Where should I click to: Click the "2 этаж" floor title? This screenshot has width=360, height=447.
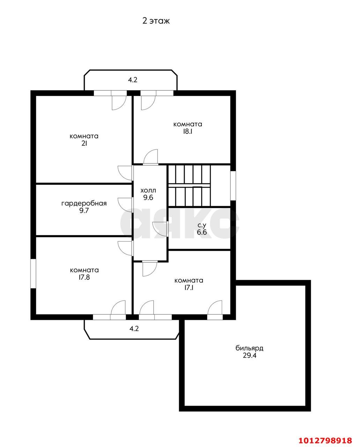point(156,21)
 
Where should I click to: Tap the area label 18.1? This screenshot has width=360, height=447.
point(187,132)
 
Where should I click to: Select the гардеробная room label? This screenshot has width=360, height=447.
point(84,204)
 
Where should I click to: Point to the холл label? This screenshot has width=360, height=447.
point(148,190)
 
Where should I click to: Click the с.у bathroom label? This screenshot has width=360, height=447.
point(202,225)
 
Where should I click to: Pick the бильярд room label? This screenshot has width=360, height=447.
point(249,348)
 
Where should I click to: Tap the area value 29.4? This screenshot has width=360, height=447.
point(250,356)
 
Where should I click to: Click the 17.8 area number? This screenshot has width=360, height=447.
point(84,277)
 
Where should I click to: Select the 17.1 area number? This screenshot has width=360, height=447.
point(189,288)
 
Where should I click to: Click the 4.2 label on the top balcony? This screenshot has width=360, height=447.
point(133,80)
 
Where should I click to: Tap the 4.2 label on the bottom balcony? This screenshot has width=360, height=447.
point(134,329)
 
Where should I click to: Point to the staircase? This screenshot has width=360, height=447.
point(189,185)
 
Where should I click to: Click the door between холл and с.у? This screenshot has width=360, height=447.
point(160,229)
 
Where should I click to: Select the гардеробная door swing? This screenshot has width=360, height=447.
point(125,205)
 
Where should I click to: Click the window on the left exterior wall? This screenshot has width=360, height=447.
point(33,273)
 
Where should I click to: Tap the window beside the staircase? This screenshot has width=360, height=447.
point(233,185)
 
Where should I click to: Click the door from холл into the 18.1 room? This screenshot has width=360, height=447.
point(150,157)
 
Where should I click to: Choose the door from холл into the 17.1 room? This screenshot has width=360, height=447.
point(149,269)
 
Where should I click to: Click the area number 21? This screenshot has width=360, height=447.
point(84,144)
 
